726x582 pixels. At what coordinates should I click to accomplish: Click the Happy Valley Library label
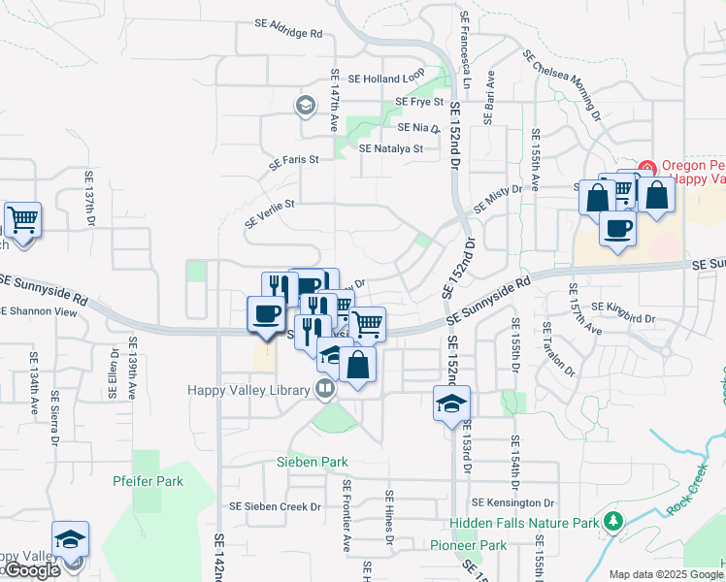point(247,390)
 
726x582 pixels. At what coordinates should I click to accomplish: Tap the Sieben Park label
point(312,462)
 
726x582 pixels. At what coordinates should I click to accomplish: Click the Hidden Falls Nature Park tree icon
point(612,522)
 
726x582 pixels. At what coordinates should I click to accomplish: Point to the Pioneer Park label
point(469,546)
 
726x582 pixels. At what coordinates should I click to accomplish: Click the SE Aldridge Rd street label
point(288,33)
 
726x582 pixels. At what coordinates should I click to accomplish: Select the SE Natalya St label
point(391,149)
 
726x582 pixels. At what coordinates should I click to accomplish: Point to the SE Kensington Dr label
point(513,503)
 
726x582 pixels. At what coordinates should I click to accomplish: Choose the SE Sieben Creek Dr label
point(275,506)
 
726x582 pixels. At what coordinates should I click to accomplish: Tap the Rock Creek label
point(688,494)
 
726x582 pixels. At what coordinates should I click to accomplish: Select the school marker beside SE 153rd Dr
point(451,403)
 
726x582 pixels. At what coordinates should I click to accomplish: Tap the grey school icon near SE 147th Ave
point(306,105)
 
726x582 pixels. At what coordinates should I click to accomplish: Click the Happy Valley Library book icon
point(325,390)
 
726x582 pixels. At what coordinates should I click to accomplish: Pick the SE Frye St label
point(419,102)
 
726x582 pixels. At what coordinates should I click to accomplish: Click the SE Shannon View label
point(39,311)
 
